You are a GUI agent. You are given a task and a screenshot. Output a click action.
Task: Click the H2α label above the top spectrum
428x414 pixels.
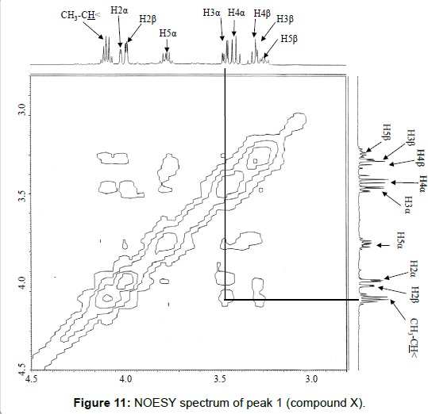(119, 10)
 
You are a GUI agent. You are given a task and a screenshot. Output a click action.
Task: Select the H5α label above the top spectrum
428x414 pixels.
(168, 33)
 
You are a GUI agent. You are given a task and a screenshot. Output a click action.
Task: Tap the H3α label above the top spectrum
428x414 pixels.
(211, 13)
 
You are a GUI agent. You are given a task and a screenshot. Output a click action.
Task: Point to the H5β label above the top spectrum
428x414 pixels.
(289, 39)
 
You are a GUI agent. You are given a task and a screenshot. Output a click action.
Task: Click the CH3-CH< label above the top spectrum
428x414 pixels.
(80, 15)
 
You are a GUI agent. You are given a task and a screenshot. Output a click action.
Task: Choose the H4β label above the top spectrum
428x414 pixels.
(262, 13)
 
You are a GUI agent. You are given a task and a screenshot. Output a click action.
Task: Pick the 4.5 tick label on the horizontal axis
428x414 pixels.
(32, 379)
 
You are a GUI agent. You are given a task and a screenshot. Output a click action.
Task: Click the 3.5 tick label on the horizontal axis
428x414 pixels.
(220, 379)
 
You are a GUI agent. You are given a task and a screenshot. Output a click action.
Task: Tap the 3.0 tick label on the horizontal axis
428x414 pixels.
(311, 378)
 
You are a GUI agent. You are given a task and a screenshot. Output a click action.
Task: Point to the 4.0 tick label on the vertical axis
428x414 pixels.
(21, 282)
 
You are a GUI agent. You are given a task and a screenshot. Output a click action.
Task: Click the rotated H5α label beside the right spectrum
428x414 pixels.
(400, 240)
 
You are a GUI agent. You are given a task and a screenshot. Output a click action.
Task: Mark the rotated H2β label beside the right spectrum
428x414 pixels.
(415, 294)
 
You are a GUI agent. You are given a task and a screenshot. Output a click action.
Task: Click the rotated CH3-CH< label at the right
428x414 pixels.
(413, 338)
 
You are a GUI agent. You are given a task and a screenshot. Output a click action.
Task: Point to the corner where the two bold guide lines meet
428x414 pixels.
(225, 300)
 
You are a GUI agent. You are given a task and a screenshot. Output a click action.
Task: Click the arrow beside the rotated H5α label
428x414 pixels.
(384, 246)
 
